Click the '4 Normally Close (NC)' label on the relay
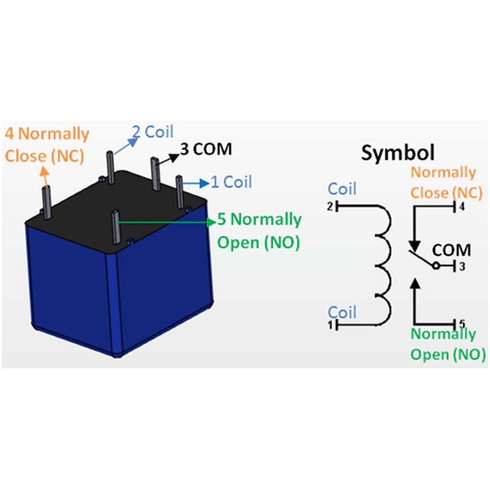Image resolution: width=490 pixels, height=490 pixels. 47,145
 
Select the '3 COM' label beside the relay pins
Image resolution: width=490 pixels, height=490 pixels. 206,149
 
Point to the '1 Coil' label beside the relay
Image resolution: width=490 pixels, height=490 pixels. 231,182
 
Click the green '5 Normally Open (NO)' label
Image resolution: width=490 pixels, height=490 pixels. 259,231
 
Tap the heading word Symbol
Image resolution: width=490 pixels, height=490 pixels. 398,153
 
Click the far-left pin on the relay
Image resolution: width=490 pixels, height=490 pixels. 46,202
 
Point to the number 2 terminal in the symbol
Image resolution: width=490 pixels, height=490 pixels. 330,207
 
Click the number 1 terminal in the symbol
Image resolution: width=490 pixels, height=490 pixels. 330,326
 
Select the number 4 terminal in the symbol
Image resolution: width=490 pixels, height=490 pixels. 461,207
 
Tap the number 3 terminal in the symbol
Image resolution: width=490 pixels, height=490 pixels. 461,267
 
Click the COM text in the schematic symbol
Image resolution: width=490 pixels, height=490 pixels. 451,250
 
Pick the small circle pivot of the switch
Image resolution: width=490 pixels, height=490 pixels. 435,266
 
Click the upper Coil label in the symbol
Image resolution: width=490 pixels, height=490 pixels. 342,189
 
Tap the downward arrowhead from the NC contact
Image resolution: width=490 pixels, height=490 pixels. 415,245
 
